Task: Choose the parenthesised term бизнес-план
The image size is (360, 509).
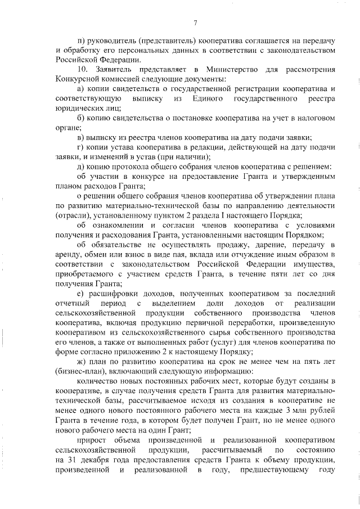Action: pyautogui.click(x=78, y=372)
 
